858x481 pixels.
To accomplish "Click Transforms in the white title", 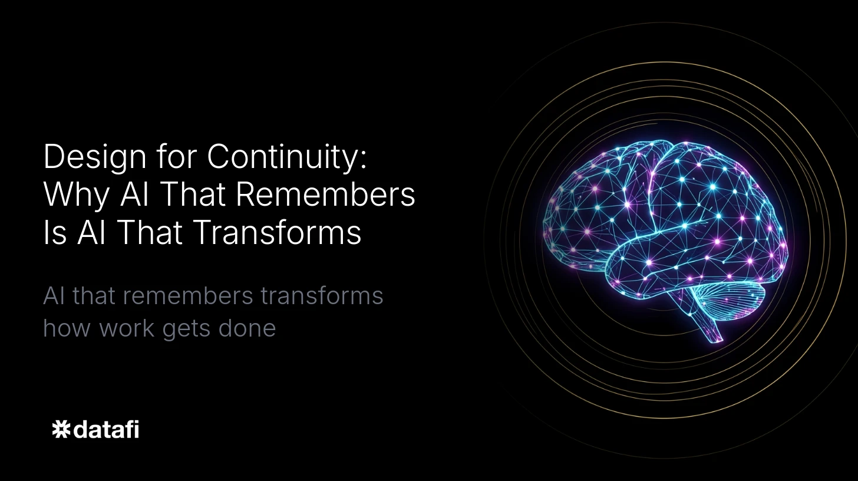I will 277,232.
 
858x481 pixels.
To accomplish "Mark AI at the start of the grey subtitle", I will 54,296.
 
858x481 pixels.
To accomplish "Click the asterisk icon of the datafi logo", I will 61,429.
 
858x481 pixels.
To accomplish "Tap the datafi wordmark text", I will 106,429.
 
